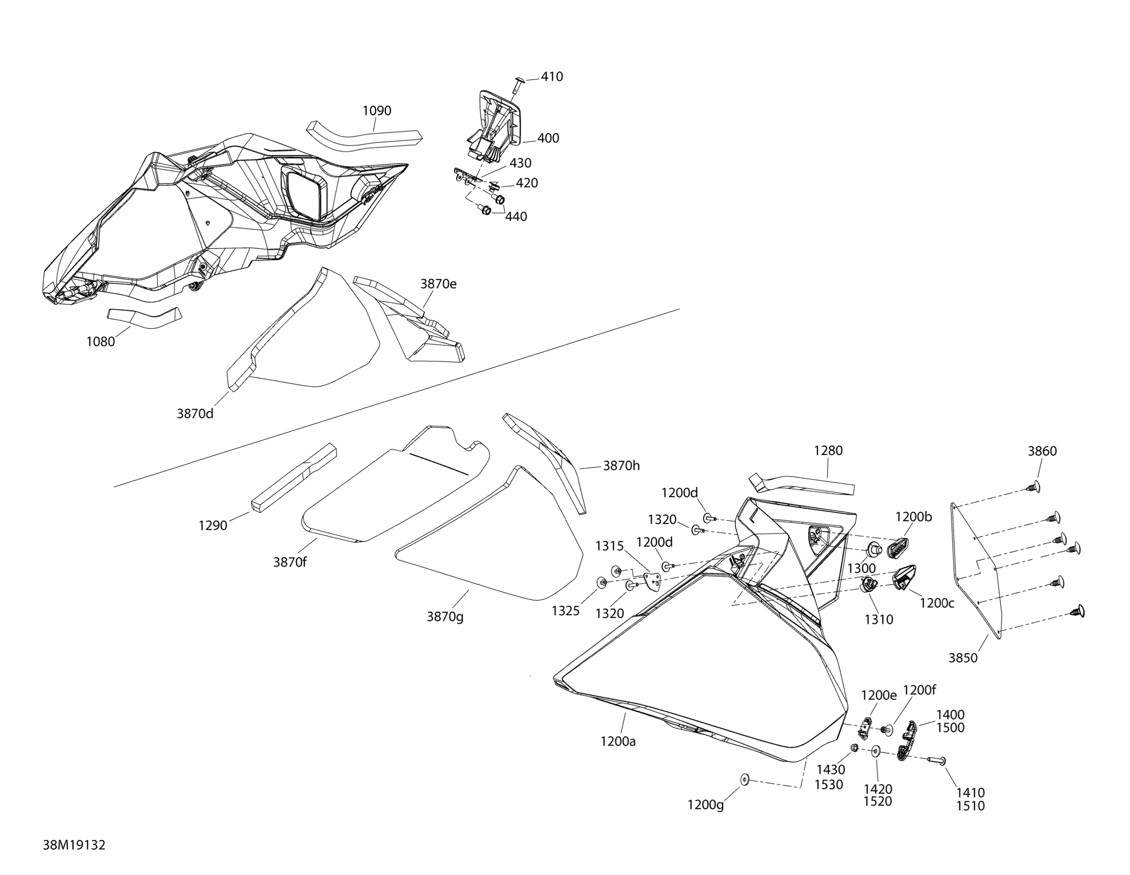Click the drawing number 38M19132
click(x=74, y=845)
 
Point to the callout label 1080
click(x=100, y=342)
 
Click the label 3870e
click(x=438, y=284)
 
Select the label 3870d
click(x=195, y=414)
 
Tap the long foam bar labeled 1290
click(x=294, y=476)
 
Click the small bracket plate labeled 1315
click(x=654, y=581)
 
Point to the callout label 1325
click(x=565, y=611)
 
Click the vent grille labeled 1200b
click(x=898, y=547)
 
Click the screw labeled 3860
click(x=1032, y=487)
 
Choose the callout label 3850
click(x=963, y=658)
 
